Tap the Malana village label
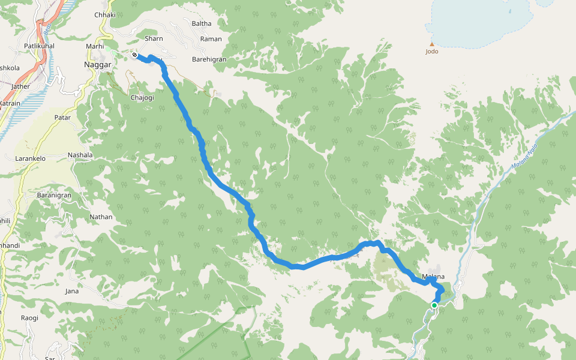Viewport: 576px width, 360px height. coord(433,277)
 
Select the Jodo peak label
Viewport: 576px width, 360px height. coord(431,52)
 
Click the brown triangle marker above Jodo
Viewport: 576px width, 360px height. coord(431,44)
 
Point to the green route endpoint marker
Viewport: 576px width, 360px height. coord(434,305)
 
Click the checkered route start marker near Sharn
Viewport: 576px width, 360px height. coord(134,55)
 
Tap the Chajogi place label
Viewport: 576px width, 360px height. coord(142,97)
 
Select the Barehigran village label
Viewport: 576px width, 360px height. coord(209,59)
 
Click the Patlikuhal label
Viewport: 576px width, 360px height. coord(40,46)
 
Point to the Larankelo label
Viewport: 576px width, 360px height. coord(30,159)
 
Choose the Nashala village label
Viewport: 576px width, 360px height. coord(80,155)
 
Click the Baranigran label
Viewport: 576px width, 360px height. coord(54,195)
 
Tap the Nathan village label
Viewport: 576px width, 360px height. coord(101,217)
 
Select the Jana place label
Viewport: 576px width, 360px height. coord(71,291)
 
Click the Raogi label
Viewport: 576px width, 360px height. coord(29,318)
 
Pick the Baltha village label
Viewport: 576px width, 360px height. coord(202,23)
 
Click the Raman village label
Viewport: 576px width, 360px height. coord(211,38)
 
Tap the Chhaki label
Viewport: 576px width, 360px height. coord(105,14)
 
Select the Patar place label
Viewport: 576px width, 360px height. coord(62,118)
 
